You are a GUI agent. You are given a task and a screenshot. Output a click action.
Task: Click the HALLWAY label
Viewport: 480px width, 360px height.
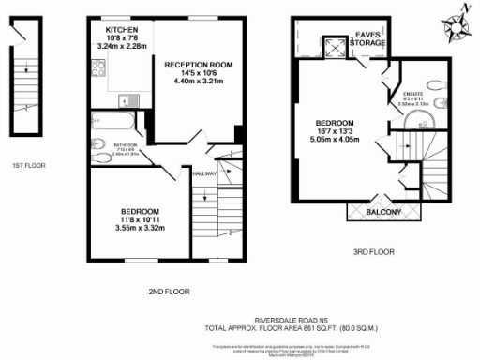pos(204,173)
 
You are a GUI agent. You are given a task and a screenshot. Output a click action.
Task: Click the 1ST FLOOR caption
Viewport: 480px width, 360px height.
pos(29,165)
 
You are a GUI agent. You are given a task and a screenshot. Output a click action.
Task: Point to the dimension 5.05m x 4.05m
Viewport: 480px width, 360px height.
pos(334,141)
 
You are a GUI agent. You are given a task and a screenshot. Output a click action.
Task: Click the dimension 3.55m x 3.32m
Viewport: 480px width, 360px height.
pos(139,228)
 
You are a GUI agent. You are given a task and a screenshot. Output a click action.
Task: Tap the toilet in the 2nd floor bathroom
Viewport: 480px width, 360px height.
pos(98,144)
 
